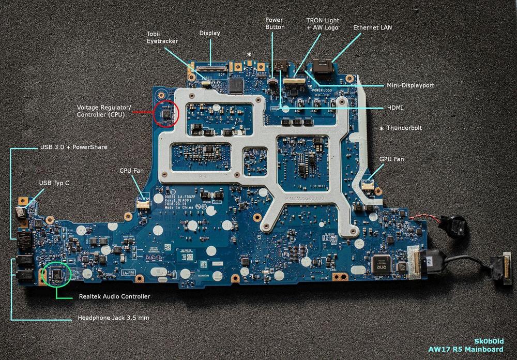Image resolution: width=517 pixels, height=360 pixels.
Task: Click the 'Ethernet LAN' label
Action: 372,27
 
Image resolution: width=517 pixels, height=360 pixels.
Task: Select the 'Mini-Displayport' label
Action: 410,85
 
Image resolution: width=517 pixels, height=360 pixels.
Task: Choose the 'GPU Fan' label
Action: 392,159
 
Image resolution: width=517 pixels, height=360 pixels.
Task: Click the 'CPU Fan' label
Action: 131,170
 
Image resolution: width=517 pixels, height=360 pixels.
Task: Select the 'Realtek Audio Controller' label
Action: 114,296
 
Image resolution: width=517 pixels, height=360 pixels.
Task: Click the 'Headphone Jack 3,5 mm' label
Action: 113,318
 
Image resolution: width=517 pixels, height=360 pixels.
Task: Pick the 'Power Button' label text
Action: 275,23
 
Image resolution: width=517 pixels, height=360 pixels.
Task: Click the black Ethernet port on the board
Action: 320,68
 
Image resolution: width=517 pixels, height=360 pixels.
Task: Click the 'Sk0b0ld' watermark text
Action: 489,341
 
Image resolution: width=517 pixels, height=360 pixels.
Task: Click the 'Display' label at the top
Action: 209,33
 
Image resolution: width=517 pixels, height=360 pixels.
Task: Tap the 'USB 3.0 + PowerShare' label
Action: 73,147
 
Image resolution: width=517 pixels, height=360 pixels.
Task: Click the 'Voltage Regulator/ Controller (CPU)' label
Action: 104,111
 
